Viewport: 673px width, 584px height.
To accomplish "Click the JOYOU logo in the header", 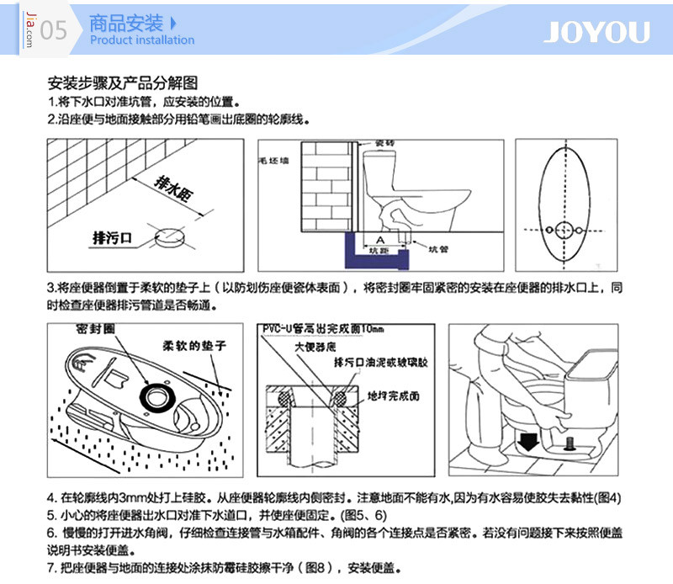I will click(x=596, y=32).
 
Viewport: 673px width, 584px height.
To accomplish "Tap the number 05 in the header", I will click(x=53, y=31).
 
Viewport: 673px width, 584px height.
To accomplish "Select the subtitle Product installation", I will click(x=142, y=40).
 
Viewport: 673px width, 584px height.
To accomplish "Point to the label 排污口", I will click(x=113, y=238).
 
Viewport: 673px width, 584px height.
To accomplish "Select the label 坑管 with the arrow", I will click(x=438, y=250).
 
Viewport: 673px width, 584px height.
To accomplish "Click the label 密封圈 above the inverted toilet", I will click(x=94, y=326).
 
